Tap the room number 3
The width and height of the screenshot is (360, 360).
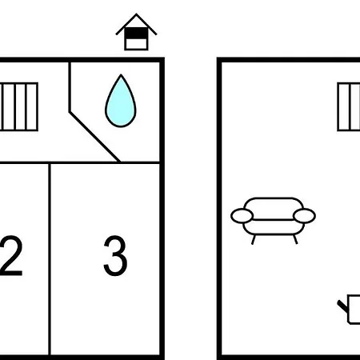coord(115,255)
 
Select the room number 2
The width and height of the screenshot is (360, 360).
coord(10,255)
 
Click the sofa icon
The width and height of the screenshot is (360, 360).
coord(273,221)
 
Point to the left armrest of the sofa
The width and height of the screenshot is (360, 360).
coord(242,216)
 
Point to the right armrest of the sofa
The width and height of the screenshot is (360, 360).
coord(304,216)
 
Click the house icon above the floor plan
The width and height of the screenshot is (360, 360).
coord(136,32)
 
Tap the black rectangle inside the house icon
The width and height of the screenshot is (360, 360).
coord(136,34)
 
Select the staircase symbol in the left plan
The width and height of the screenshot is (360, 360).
coord(18,106)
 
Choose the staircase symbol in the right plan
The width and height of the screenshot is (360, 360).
coord(349,106)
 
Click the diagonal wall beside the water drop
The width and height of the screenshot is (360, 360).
coord(94,137)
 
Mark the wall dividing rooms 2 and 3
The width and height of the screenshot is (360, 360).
coord(50,259)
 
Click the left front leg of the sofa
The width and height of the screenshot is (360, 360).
coord(254,239)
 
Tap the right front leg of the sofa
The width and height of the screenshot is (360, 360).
coord(295,239)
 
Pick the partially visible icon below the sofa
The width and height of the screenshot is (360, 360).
coord(349,310)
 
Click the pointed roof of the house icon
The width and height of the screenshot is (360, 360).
coord(136,14)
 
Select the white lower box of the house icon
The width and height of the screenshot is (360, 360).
coord(136,44)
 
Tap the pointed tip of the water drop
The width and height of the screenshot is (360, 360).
coord(121,75)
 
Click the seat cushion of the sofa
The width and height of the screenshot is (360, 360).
coord(274,227)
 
